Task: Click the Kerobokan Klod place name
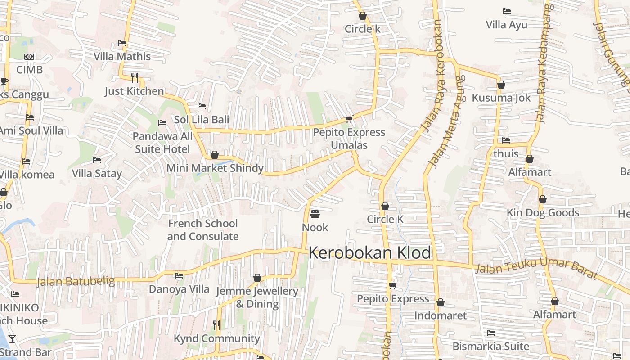[369, 253]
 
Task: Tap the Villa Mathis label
[122, 56]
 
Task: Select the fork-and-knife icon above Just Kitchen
[134, 78]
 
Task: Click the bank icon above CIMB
[29, 57]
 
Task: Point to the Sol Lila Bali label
[201, 119]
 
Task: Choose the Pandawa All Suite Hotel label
[162, 142]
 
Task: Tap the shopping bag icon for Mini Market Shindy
[215, 155]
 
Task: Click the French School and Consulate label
[203, 229]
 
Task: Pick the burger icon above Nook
[315, 214]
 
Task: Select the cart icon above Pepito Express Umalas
[349, 119]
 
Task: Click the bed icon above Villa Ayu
[506, 11]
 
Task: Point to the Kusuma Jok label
[501, 98]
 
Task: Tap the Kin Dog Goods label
[543, 212]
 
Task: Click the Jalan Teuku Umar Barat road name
[535, 268]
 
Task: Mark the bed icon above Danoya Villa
[179, 275]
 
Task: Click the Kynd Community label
[217, 338]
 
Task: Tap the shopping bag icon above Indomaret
[440, 302]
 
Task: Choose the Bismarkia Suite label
[490, 346]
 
